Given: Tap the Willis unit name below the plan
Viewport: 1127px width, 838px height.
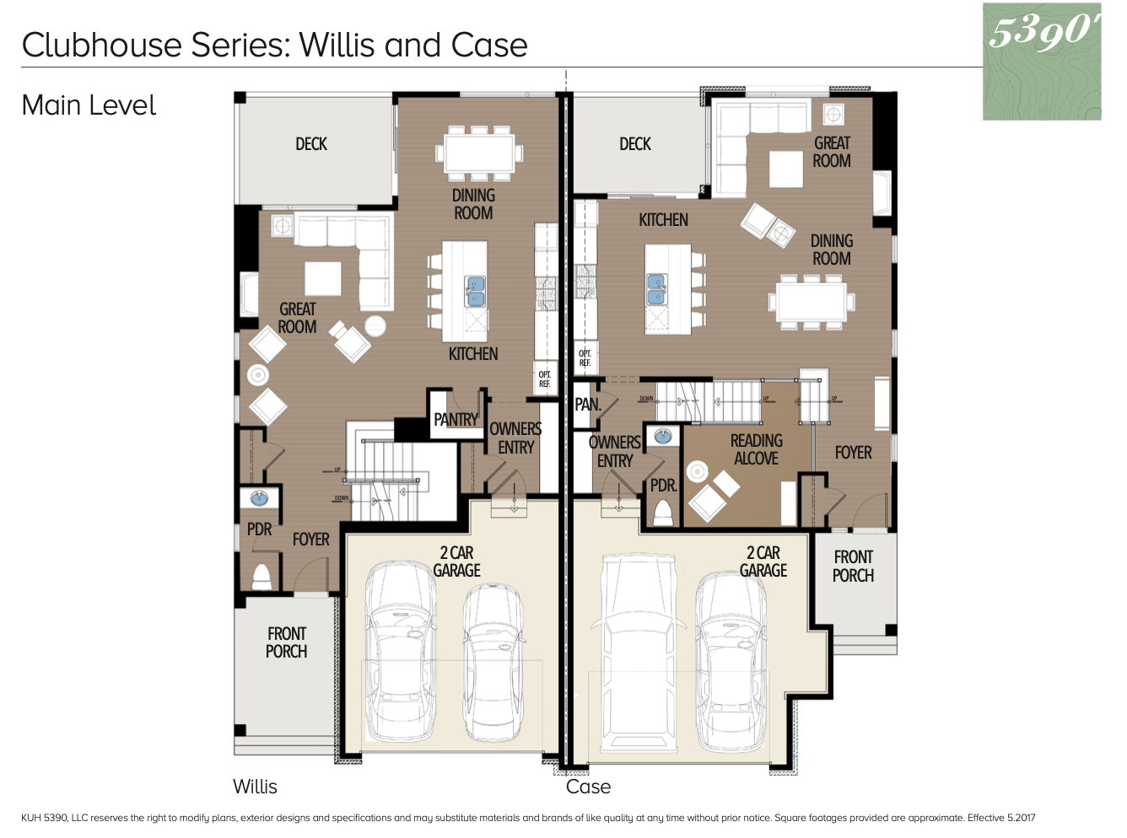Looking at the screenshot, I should [255, 787].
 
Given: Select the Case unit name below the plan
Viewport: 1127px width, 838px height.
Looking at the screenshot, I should [588, 787].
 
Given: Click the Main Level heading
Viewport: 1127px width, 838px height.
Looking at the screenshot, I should [89, 105].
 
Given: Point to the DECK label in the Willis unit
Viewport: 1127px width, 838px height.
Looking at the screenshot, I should [311, 144].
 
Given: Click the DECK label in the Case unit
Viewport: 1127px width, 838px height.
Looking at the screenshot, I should [635, 144].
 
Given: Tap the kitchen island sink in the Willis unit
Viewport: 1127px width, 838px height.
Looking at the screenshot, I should [475, 292].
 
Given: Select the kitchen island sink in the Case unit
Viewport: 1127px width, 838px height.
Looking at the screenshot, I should [656, 288].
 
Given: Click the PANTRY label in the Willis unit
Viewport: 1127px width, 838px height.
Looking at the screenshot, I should [456, 419].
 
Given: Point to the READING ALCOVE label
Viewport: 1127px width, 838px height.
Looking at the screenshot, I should [756, 449].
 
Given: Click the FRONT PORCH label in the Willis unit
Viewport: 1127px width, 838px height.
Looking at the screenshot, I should [287, 642].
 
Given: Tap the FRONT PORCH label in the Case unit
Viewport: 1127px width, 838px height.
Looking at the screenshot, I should [853, 567].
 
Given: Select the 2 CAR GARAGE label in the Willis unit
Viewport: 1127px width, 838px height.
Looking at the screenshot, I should [456, 561].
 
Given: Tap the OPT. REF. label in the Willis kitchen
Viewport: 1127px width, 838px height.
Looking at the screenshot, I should [545, 379].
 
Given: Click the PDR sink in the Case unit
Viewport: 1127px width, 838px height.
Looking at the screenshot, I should [663, 437].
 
